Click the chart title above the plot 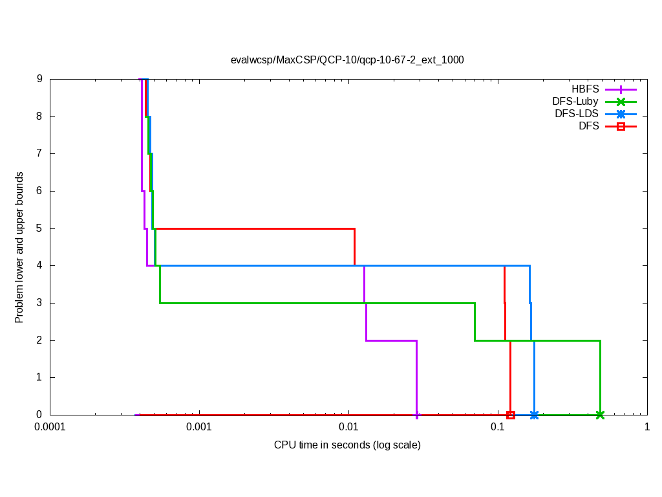(347, 60)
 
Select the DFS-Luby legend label (575, 102)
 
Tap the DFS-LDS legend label (576, 114)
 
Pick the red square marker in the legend (621, 126)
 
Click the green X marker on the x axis (600, 415)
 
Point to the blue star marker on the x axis (534, 415)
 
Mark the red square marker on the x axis (511, 415)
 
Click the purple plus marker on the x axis (417, 415)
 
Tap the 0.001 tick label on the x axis (199, 428)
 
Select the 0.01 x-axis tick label (348, 428)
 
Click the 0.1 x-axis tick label (498, 428)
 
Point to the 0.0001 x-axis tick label (50, 428)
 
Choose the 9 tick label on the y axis (39, 79)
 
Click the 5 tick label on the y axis (39, 228)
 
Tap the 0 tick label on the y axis (39, 415)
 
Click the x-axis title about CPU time (347, 445)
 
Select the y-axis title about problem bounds (19, 247)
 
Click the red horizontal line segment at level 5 (259, 228)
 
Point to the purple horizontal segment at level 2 (391, 340)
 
